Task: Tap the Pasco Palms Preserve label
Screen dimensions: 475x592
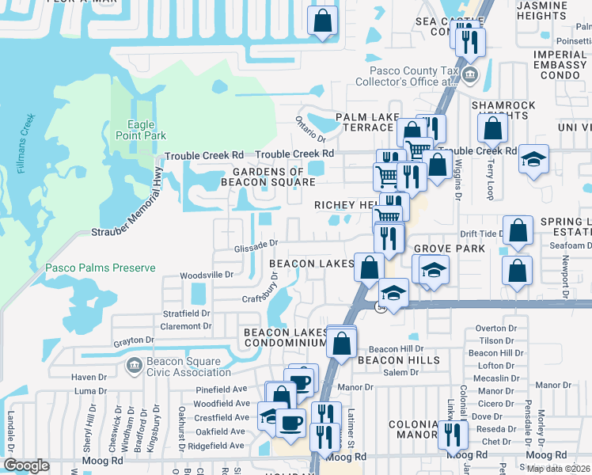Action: pos(101,268)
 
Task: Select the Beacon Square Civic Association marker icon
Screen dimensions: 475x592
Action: pos(133,364)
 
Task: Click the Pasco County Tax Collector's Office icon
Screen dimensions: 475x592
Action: pos(470,76)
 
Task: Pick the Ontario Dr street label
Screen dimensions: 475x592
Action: pos(306,125)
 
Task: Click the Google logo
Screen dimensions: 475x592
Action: pos(26,465)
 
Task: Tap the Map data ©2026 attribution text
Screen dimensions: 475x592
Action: pos(558,468)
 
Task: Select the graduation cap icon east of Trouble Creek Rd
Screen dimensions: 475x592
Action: pos(533,158)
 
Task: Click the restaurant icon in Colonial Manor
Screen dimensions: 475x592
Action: pos(453,433)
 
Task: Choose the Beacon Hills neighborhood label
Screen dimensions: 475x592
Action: pos(387,360)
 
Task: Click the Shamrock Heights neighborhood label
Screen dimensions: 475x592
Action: pos(503,110)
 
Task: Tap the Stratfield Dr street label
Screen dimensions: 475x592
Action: pos(187,313)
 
